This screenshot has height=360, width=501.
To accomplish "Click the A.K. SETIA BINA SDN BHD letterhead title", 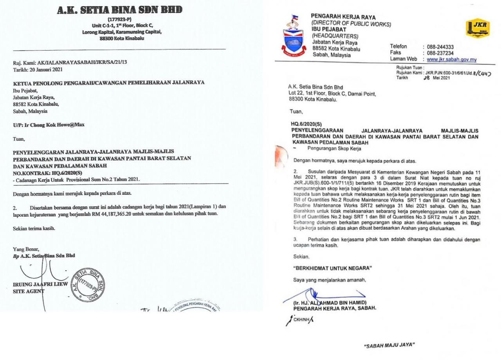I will coord(119,11).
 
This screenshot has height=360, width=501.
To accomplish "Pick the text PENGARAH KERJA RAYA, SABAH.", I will coord(332,308).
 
